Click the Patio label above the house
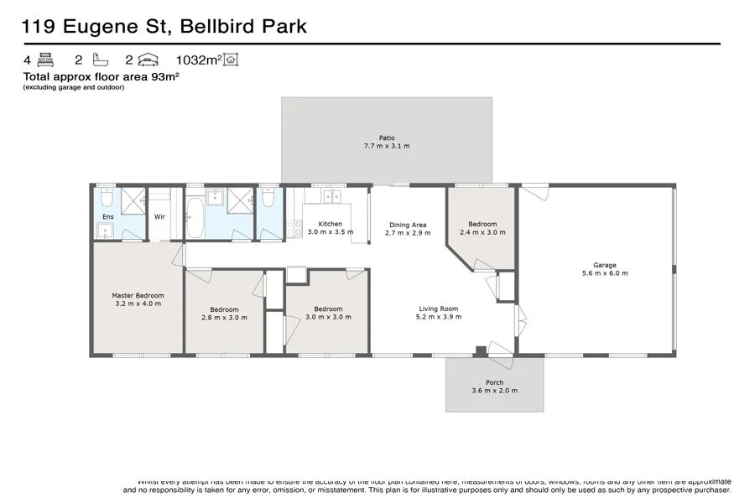(386, 137)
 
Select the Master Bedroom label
(138, 295)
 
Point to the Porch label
(494, 383)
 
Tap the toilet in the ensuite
(107, 200)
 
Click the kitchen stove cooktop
(294, 227)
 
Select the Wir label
(159, 216)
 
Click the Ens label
(108, 216)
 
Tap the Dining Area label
(408, 225)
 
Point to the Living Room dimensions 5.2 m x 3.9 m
(440, 317)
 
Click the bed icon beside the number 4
(45, 60)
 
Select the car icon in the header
(148, 60)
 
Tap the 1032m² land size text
(197, 60)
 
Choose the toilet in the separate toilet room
(268, 200)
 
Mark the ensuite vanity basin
(104, 231)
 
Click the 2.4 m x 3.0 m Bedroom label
(482, 224)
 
